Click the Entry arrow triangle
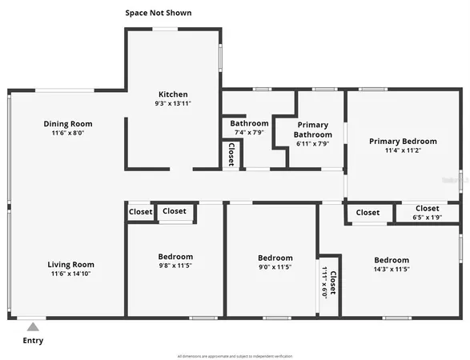coord(33,326)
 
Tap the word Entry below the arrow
coord(33,341)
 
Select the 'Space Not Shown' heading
coord(159,13)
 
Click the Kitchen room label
coord(173,94)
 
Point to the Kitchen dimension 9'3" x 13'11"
coord(173,103)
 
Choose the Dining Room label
coord(68,124)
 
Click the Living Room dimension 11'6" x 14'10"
coord(70,274)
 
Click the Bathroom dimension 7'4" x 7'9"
coord(248,133)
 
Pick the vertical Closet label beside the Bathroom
coord(231,154)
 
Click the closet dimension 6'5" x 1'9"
coord(427,218)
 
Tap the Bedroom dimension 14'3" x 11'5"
coord(392,270)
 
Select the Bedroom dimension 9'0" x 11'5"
coord(275,267)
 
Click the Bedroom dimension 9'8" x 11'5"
coord(175,266)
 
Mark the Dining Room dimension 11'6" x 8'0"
coord(68,134)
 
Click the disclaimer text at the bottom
coord(235,355)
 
